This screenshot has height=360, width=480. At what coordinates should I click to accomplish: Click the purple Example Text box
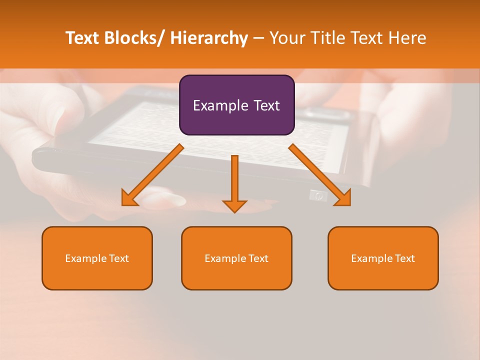click(236, 105)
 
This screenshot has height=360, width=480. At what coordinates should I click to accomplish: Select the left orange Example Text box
click(97, 258)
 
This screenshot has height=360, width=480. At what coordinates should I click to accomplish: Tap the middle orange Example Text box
click(236, 258)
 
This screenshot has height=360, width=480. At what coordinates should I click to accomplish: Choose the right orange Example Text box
click(383, 258)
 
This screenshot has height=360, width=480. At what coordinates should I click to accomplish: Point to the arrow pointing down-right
click(320, 175)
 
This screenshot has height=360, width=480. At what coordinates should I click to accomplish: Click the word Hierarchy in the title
click(209, 38)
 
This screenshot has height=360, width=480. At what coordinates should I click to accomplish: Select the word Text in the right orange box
click(404, 258)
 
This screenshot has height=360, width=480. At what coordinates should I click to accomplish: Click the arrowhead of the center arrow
click(234, 206)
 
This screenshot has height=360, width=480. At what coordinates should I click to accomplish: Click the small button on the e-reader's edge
click(315, 195)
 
